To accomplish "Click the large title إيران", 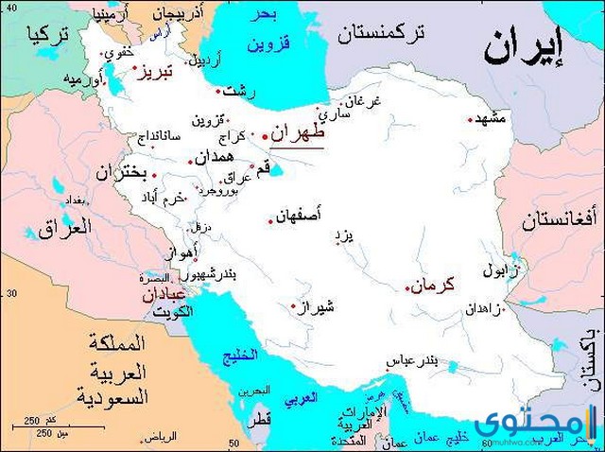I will [x=525, y=47].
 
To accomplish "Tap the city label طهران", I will [x=297, y=133].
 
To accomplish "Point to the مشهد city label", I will [x=493, y=118].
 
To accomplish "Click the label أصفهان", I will [x=300, y=217].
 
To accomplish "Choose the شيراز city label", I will [x=317, y=305].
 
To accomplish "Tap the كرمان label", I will [x=436, y=283].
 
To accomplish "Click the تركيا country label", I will [x=49, y=37].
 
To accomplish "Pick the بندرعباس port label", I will [x=412, y=361].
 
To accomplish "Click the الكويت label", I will [x=173, y=311].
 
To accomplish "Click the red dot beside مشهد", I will [x=471, y=120].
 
